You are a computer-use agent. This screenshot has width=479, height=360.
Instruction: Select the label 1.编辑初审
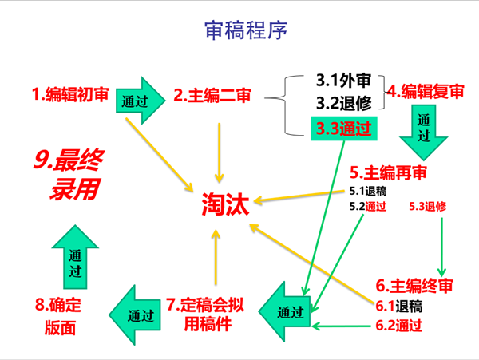pos(71,96)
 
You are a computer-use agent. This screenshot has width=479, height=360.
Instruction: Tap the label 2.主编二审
pos(212,96)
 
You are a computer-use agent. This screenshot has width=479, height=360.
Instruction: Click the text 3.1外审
pos(343,81)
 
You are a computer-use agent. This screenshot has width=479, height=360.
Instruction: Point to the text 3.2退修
pos(343,104)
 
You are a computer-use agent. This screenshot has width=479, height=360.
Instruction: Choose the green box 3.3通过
pos(343,127)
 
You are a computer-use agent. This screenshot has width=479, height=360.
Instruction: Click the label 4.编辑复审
pos(426,90)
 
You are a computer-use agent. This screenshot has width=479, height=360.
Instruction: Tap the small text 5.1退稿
pos(368,192)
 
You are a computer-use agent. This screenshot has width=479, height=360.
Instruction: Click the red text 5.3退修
pos(427,206)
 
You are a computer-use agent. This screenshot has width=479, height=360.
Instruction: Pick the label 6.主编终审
pos(415,286)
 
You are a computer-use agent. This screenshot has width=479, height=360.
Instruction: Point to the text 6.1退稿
pos(398,307)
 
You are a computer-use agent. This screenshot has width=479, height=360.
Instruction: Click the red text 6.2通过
pos(398,325)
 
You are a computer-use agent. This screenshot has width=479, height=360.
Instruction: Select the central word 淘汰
pos(224,207)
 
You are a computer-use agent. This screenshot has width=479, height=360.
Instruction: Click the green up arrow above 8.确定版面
pos(76,257)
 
